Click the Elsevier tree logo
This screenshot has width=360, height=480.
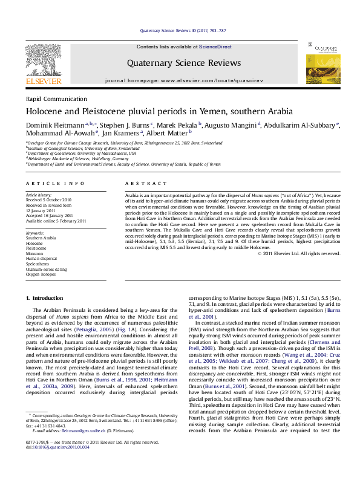44,59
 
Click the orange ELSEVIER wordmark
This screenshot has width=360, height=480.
44,81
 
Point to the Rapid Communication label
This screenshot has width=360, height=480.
56,99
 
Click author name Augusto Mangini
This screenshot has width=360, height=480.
230,125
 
